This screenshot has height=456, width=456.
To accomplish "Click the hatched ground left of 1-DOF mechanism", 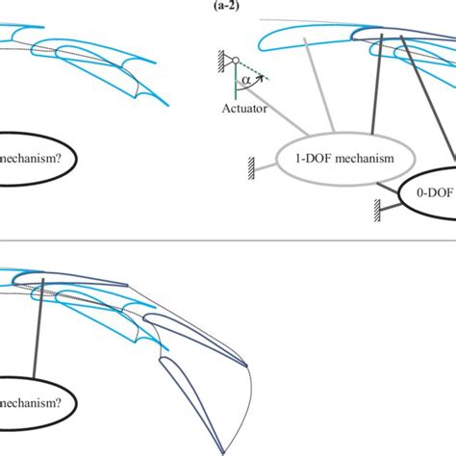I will click(252, 165).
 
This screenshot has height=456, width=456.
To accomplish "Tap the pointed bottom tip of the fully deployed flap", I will click(225, 448).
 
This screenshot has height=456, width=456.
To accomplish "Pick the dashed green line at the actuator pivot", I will click(254, 69).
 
